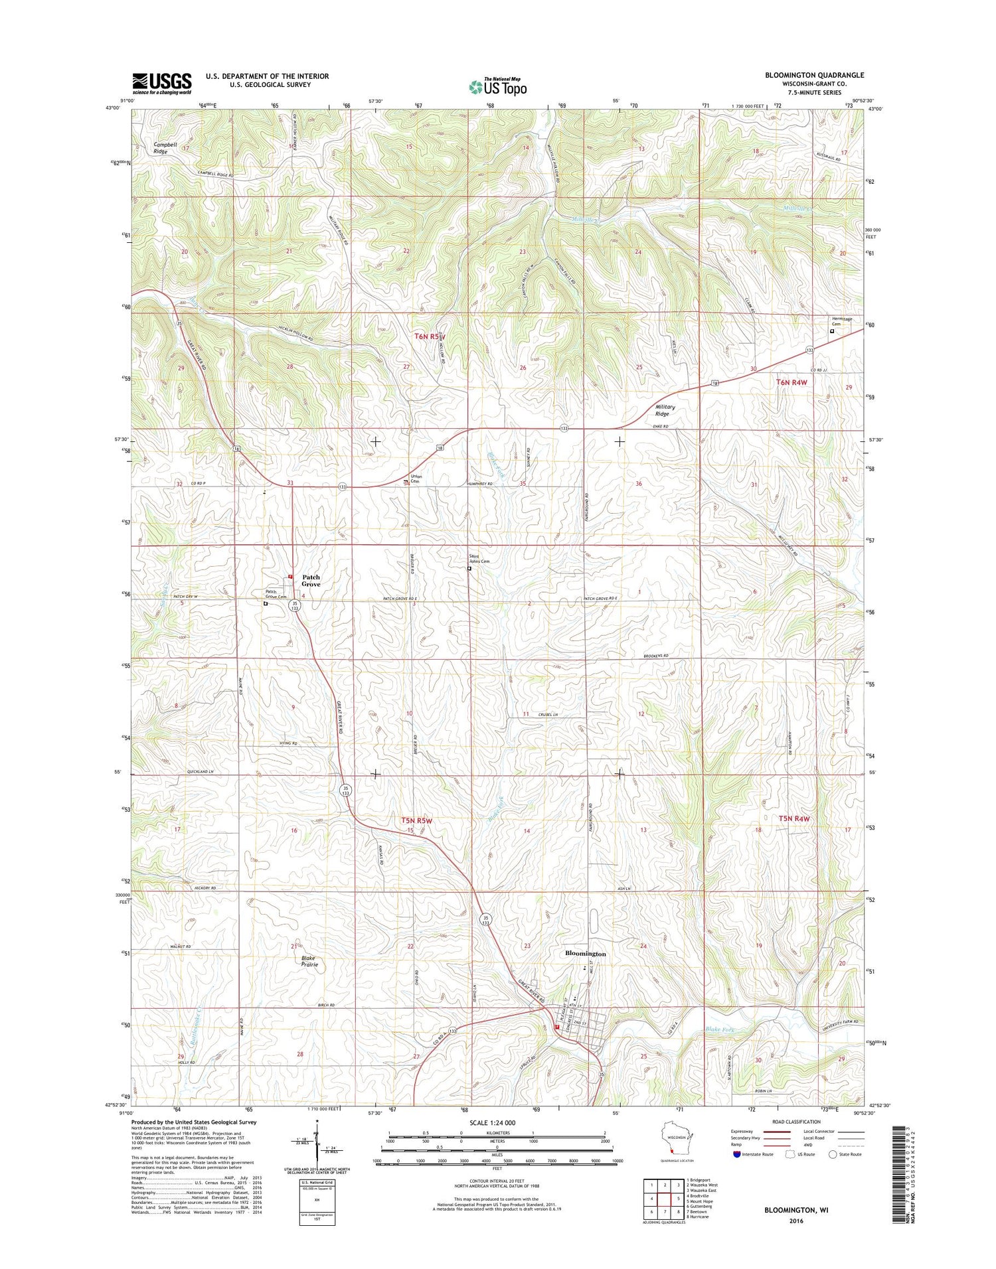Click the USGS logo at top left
(161, 82)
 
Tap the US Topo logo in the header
(497, 87)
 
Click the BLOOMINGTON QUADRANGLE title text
(814, 75)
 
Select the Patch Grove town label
(311, 581)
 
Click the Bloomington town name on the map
(585, 953)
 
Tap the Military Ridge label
(665, 410)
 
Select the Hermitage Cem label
(842, 321)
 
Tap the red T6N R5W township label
(430, 336)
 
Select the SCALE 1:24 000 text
(497, 1123)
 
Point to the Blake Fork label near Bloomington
(719, 1029)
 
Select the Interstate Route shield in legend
(735, 1154)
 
